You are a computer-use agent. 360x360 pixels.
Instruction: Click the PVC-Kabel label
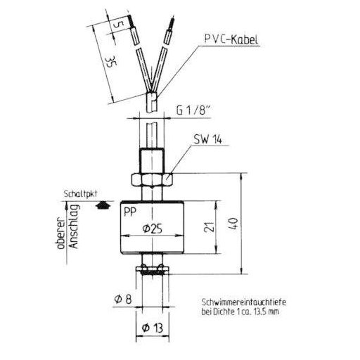(x=231, y=39)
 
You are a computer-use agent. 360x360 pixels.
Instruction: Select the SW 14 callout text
(x=207, y=139)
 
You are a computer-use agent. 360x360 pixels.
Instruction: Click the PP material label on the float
(x=130, y=212)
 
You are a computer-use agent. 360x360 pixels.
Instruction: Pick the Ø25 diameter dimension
(x=153, y=229)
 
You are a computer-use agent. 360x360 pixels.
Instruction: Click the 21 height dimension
(x=209, y=226)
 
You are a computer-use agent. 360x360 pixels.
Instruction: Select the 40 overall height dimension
(x=235, y=224)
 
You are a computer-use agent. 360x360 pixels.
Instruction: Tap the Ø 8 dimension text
(x=123, y=299)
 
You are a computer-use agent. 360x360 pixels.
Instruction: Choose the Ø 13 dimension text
(x=153, y=328)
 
